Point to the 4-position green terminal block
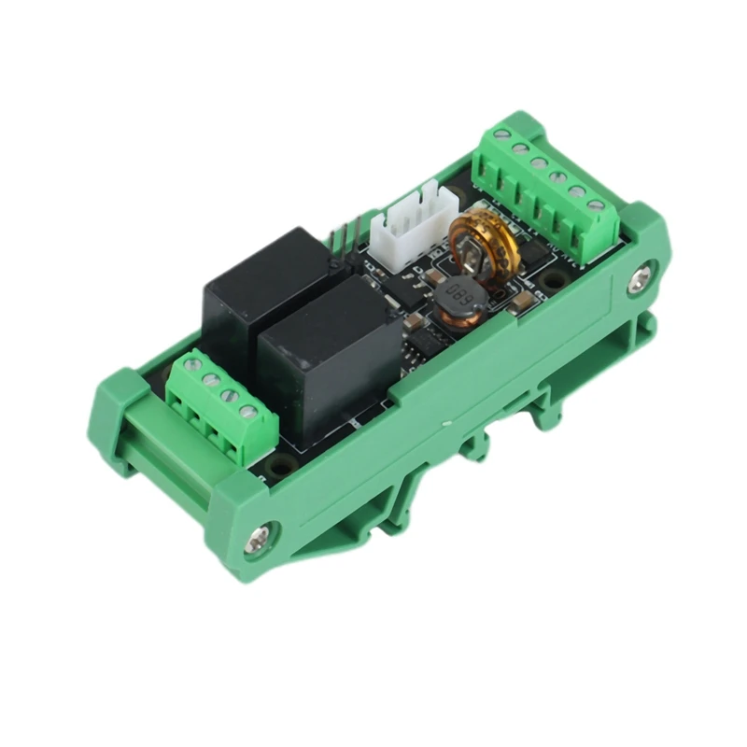pyautogui.click(x=222, y=406)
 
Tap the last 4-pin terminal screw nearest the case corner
pyautogui.click(x=248, y=410)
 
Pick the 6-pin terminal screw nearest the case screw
pyautogui.click(x=597, y=204)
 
